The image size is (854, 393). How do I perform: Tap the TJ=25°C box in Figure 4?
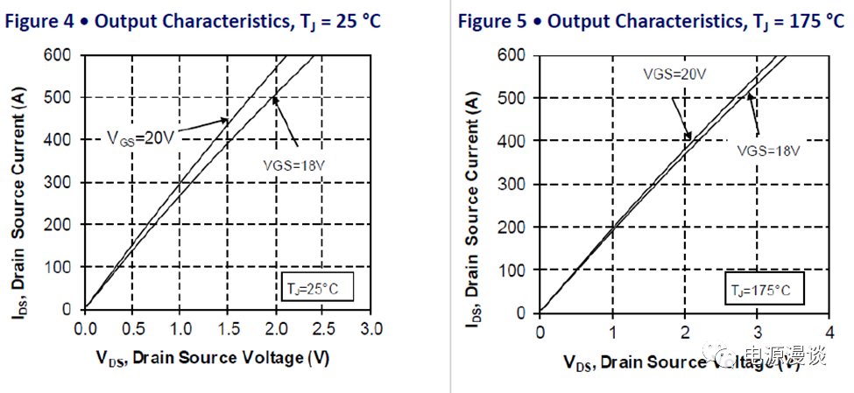[315, 287]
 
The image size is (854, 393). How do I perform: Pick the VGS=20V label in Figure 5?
[673, 74]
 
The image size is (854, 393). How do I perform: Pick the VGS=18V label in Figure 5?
[768, 150]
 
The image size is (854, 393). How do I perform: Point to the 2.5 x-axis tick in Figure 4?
[323, 329]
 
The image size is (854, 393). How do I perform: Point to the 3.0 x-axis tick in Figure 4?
[371, 329]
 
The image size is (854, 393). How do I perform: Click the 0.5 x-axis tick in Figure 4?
[131, 329]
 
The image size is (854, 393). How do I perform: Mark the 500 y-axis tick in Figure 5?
[517, 98]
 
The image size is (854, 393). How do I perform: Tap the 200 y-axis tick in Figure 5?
[517, 227]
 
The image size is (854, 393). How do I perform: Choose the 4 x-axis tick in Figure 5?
[829, 332]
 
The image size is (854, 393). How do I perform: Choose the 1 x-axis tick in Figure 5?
[612, 332]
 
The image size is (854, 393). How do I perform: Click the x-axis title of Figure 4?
[214, 357]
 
